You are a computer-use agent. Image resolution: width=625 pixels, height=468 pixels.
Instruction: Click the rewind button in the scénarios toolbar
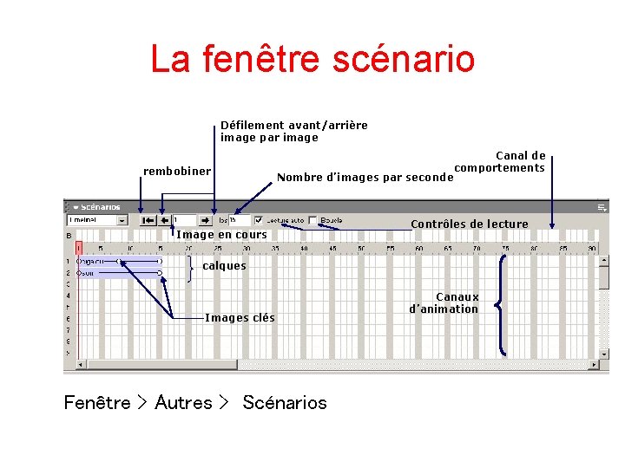tap(148, 220)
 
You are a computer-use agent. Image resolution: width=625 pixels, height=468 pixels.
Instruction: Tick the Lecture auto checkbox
tap(259, 220)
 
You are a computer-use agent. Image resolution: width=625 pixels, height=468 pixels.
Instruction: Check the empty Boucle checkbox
tap(312, 220)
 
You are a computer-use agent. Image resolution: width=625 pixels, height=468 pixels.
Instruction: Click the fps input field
tap(240, 220)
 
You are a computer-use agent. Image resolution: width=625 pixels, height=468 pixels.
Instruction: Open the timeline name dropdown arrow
tap(122, 220)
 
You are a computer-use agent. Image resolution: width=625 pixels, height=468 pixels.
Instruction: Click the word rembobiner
tap(177, 171)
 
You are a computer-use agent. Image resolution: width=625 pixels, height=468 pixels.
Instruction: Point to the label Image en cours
tap(222, 234)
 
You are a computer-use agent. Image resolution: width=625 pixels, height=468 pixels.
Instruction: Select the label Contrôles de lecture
tap(469, 224)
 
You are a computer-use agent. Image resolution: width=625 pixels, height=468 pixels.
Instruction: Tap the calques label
tap(224, 266)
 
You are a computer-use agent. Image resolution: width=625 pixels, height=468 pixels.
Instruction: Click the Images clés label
tap(240, 317)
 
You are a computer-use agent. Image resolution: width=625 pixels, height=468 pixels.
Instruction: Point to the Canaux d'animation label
tap(444, 302)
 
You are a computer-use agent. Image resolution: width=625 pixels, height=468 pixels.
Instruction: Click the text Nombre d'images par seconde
tap(365, 178)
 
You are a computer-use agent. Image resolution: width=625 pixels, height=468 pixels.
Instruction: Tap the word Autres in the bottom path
tap(183, 403)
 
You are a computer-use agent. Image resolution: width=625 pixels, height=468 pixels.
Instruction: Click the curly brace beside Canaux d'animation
tap(502, 303)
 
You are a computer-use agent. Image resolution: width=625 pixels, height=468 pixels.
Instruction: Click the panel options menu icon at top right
tap(602, 207)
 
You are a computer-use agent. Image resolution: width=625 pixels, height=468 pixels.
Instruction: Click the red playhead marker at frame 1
tap(78, 248)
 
